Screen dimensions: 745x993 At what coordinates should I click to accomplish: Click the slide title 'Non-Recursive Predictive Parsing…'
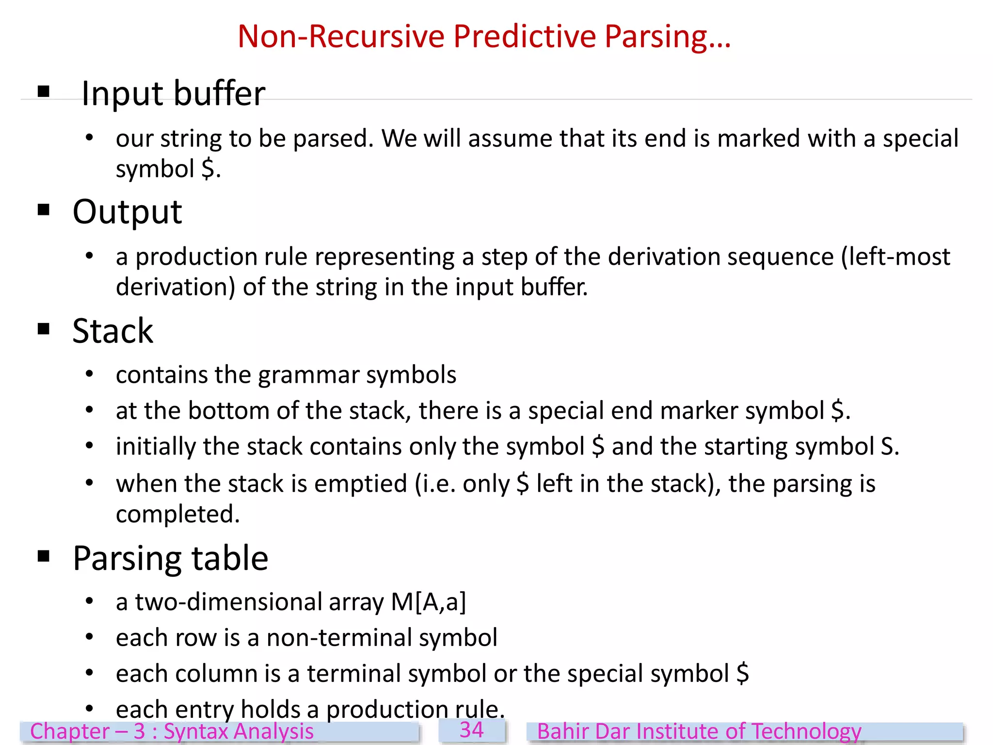(484, 37)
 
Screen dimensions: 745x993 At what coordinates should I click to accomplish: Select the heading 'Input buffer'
(173, 93)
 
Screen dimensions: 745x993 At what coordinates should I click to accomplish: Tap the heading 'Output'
(127, 212)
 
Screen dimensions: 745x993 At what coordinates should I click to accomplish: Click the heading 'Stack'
(112, 331)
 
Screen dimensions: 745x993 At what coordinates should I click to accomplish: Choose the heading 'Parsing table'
(170, 558)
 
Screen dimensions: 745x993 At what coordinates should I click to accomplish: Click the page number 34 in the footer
(471, 730)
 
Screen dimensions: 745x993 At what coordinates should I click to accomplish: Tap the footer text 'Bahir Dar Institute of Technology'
(699, 731)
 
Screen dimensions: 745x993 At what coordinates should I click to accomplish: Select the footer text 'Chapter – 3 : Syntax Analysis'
(172, 731)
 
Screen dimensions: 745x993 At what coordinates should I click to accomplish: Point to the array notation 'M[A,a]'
(429, 602)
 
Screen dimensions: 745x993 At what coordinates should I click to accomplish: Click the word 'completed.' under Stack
(178, 514)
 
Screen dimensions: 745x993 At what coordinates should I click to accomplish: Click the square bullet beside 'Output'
(44, 210)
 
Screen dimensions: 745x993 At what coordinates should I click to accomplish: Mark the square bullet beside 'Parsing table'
(44, 556)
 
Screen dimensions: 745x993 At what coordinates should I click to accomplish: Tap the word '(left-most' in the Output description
(896, 257)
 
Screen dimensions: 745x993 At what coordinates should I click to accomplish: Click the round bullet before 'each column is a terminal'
(89, 673)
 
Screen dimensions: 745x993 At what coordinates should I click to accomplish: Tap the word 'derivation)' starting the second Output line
(176, 287)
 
